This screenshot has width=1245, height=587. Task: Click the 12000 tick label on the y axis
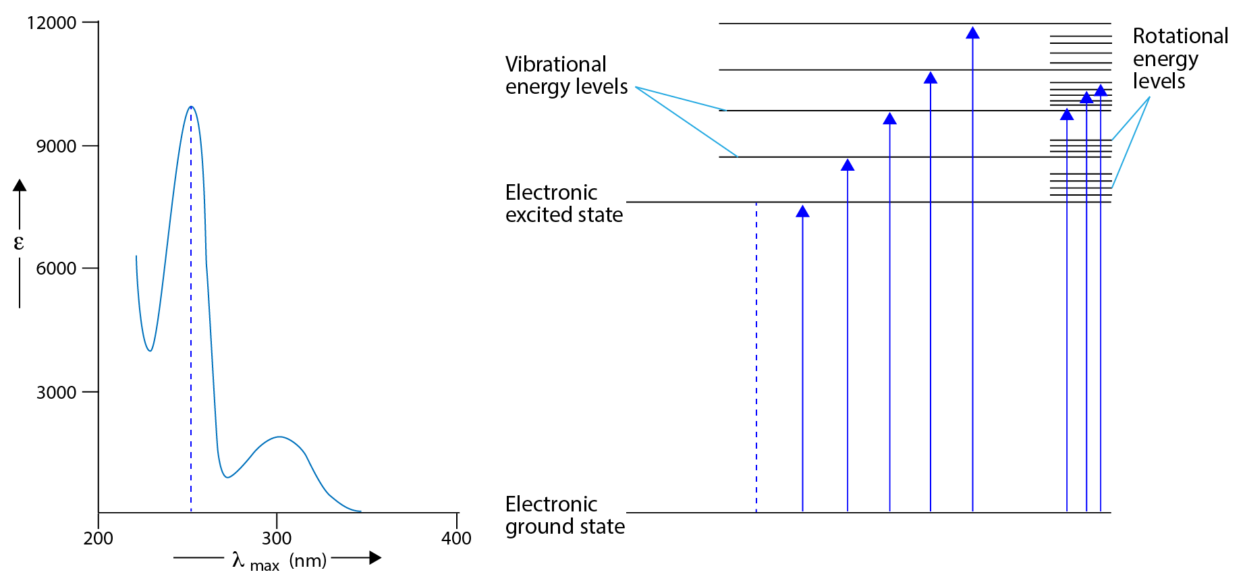point(51,23)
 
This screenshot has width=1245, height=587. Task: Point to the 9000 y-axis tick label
point(56,146)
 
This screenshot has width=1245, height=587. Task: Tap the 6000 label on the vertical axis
point(56,269)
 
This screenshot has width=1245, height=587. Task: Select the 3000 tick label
point(56,393)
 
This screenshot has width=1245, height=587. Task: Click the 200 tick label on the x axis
point(99,538)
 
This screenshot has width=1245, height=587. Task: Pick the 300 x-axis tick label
point(277,538)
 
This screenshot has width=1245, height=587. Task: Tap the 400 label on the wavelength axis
point(456,538)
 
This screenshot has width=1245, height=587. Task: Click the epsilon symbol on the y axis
point(19,243)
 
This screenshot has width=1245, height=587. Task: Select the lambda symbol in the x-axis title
point(238,559)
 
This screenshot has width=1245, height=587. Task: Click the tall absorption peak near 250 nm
point(192,107)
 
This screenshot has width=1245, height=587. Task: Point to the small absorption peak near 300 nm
point(279,437)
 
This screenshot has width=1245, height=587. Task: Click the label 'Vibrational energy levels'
point(566,75)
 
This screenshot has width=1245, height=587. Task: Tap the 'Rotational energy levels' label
point(1180,58)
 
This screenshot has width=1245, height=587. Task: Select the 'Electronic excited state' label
point(563,203)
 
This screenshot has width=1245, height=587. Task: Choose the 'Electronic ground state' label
point(565,515)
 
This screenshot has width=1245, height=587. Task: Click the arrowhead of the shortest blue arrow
point(802,212)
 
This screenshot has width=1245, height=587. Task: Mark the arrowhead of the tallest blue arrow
point(972,33)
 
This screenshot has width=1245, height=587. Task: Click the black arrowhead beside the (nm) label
point(375,558)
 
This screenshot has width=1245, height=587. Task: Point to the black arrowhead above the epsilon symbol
point(20,185)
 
